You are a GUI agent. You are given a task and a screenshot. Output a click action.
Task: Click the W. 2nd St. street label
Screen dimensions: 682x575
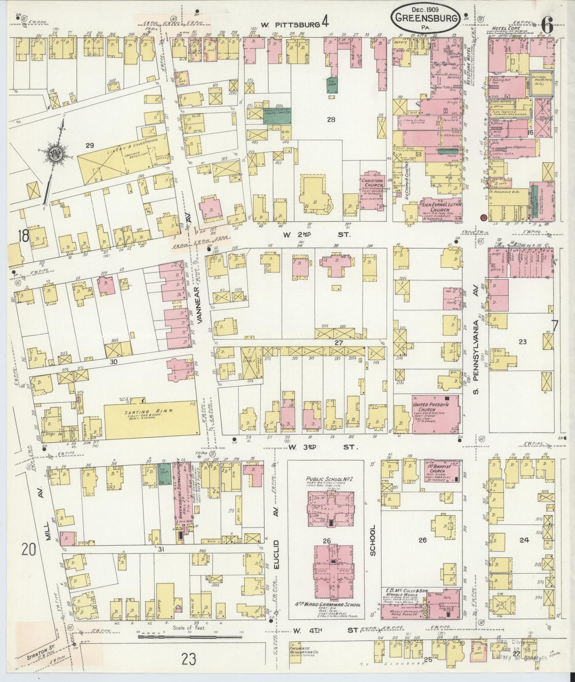coord(317,235)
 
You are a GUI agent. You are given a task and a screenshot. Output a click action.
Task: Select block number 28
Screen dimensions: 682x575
coord(331,120)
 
